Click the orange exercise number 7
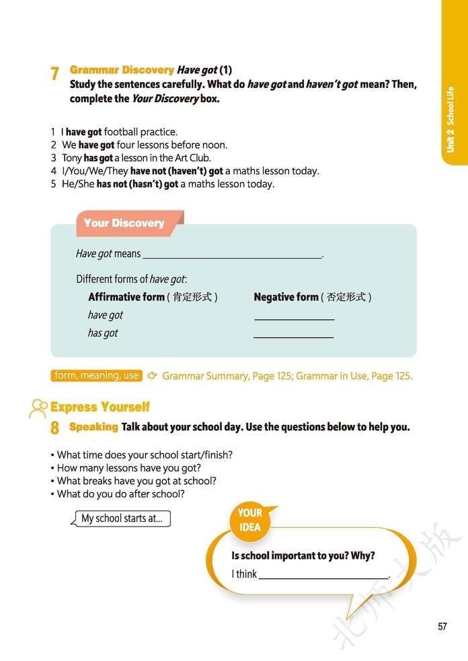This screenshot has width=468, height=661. [x=54, y=74]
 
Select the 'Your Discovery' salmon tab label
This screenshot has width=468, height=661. [x=124, y=223]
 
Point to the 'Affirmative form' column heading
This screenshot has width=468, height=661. [x=126, y=297]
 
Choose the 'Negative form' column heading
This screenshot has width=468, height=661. [x=286, y=297]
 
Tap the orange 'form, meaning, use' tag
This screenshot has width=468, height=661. [x=96, y=376]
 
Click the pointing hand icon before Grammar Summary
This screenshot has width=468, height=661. [x=153, y=376]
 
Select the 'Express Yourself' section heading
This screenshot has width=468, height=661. [x=100, y=407]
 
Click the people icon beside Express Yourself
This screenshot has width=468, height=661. [x=38, y=407]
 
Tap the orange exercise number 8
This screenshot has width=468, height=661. [x=54, y=428]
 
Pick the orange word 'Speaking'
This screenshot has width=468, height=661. [x=93, y=427]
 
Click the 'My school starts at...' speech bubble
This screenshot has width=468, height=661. [x=122, y=518]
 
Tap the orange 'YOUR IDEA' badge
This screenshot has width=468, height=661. [x=249, y=520]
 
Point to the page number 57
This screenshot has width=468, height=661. [x=442, y=627]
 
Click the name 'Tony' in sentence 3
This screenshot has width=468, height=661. [x=71, y=158]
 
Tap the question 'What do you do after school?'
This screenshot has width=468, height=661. [x=120, y=494]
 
